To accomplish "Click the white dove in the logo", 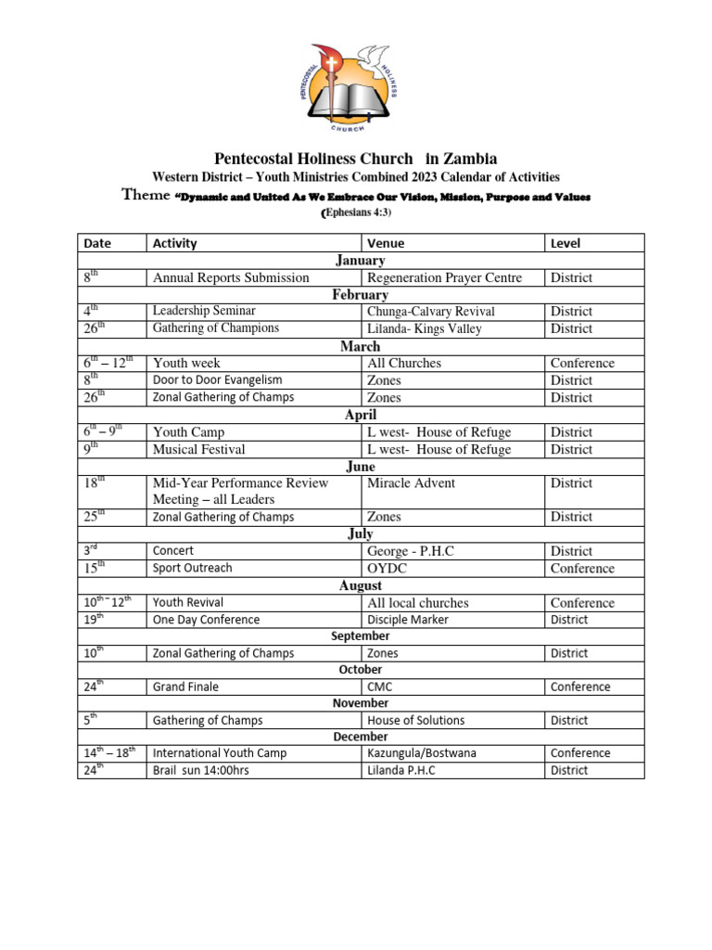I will point(375,58).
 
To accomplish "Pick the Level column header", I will point(566,243).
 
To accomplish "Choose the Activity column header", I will point(175,243).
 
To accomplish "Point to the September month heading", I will point(361,636).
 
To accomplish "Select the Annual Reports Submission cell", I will point(231,277).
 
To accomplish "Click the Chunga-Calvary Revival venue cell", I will point(431,312).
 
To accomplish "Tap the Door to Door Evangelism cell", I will point(217,380).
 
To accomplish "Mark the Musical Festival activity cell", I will point(199,449).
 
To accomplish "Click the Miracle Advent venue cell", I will point(412,483).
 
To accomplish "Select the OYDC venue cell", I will point(387,568).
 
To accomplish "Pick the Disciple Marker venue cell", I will point(408,620).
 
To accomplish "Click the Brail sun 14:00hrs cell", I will point(201,770).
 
